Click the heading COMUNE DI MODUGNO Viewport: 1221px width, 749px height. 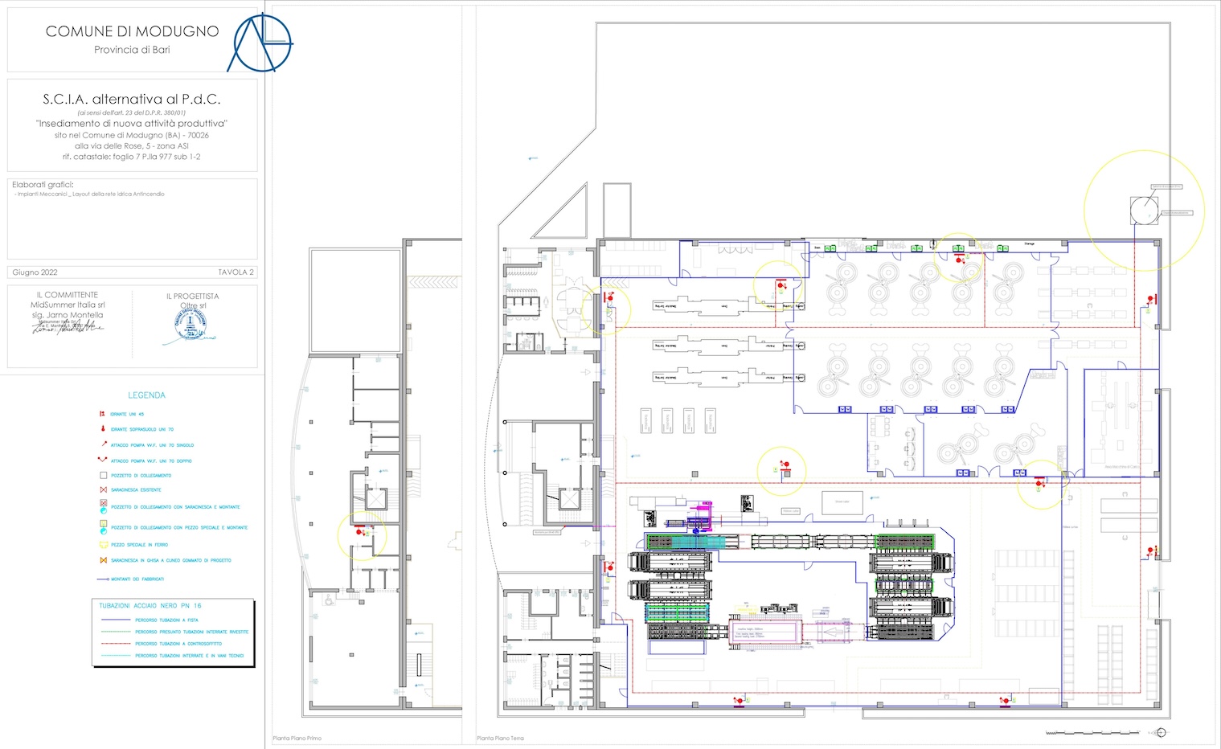point(132,31)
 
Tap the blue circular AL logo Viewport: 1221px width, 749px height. point(260,41)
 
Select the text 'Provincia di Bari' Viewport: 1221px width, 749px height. point(132,50)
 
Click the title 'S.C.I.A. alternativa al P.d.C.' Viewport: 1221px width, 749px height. point(132,99)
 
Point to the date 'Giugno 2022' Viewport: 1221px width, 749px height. point(35,272)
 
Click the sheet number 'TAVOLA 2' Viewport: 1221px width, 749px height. point(236,272)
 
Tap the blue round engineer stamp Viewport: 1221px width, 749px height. point(191,324)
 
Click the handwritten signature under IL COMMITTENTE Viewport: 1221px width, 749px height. point(68,326)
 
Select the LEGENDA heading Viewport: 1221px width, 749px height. point(146,395)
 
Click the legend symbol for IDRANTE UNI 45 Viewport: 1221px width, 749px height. point(103,414)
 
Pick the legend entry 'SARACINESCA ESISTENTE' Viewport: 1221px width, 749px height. point(136,489)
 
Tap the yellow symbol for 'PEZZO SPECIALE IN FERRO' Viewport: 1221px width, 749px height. point(103,545)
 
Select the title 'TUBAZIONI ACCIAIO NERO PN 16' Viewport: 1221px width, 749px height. point(150,606)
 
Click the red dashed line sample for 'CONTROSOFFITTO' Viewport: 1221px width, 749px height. point(115,644)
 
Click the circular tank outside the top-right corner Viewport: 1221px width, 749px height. point(1144,211)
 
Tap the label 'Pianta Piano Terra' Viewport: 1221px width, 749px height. point(500,739)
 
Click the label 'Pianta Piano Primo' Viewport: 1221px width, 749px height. point(297,739)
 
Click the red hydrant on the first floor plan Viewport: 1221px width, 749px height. point(360,531)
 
